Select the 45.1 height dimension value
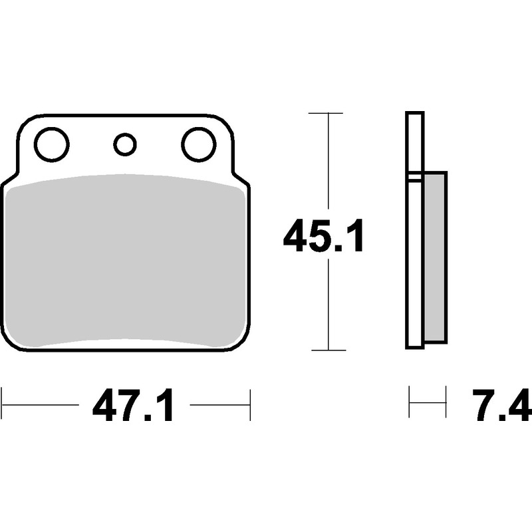coord(323,235)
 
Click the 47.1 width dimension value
coord(133,405)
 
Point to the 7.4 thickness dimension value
coord(501,405)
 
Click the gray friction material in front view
coord(126,261)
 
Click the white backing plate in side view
coord(414,230)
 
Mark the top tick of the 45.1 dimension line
coord(326,113)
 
